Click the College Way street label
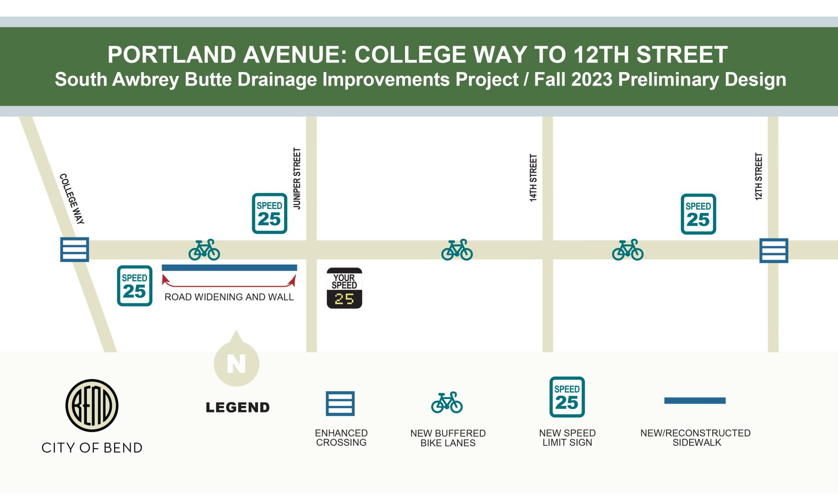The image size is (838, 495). [72, 199]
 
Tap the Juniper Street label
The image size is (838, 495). [297, 179]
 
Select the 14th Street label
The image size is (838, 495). [533, 178]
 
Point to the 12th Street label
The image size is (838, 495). [759, 176]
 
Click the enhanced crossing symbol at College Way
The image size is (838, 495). [75, 250]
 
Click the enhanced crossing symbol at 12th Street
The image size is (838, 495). [774, 251]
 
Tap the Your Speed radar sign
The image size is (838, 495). [344, 288]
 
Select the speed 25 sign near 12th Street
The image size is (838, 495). [698, 214]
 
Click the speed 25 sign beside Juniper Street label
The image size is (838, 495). [269, 213]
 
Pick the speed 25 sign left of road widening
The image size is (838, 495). [134, 286]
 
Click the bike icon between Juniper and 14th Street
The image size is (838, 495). [457, 250]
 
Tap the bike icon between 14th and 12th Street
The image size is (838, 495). [628, 250]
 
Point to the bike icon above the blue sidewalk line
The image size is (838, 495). [204, 250]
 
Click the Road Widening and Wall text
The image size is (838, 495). [229, 297]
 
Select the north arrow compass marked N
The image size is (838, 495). [237, 362]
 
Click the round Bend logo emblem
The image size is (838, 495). [92, 406]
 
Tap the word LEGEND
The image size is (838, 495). [238, 408]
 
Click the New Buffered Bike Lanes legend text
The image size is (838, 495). [448, 438]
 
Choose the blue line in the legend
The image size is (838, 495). [695, 401]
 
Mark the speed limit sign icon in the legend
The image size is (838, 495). [567, 397]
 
